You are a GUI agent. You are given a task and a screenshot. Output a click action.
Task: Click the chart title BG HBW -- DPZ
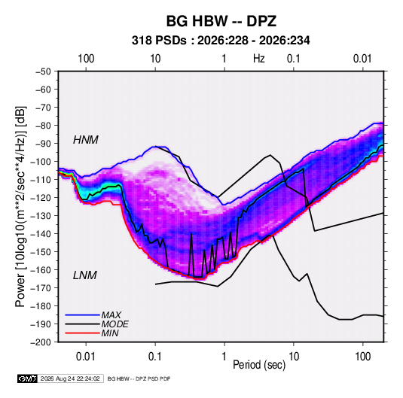tap(221, 21)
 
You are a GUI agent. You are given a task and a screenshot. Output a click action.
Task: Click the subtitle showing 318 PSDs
tap(221, 41)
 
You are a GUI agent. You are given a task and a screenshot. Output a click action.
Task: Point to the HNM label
tap(86, 140)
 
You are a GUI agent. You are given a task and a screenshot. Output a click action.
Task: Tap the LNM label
tap(85, 275)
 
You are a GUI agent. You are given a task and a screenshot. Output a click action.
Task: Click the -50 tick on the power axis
tap(43, 71)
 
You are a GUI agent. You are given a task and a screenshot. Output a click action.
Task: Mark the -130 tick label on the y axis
tap(41, 216)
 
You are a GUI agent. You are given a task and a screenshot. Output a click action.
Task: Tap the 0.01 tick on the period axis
tap(86, 357)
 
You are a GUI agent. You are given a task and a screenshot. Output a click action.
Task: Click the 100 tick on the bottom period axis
tap(362, 357)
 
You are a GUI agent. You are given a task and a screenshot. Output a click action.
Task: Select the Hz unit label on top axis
tap(259, 59)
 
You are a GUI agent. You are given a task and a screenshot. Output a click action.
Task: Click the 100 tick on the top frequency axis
tap(86, 59)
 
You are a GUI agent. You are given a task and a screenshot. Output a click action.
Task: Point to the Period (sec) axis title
tap(259, 365)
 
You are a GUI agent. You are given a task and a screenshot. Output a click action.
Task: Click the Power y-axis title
tap(20, 206)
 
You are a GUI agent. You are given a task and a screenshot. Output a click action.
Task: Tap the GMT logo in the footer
tap(27, 378)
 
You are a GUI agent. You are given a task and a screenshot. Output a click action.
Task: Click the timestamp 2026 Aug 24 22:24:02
tap(70, 378)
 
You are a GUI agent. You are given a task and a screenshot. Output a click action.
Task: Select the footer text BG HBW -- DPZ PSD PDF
tap(139, 379)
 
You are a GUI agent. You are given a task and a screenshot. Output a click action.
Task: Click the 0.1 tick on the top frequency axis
tap(294, 59)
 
